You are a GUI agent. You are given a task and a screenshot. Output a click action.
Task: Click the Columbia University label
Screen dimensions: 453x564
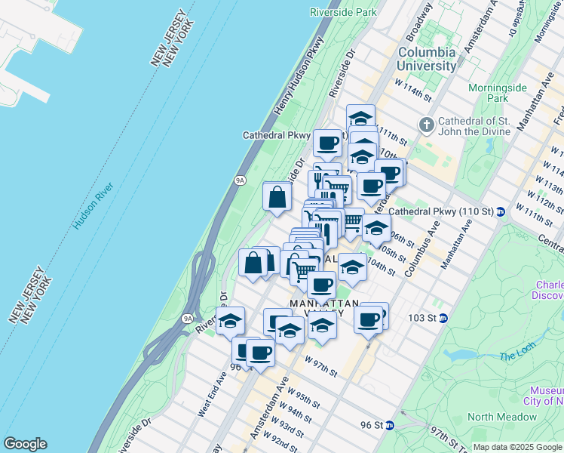point(427,59)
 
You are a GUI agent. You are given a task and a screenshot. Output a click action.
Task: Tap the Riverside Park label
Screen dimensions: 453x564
point(343,12)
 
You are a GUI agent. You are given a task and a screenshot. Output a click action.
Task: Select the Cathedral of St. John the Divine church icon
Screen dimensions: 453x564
point(426,124)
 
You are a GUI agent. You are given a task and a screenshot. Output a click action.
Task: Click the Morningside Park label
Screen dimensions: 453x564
point(497,93)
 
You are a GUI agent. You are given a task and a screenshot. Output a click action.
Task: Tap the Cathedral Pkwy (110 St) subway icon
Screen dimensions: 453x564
point(501,211)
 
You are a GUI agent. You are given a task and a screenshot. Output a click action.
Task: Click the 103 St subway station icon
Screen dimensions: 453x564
point(445,318)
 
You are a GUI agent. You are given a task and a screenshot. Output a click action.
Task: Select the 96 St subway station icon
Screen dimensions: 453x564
point(389,425)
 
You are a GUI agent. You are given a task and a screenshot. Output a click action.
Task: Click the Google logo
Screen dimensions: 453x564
point(25,444)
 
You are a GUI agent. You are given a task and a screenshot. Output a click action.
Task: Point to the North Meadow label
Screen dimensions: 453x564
point(502,417)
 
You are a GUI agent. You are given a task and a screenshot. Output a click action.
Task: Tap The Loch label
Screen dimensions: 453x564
point(516,355)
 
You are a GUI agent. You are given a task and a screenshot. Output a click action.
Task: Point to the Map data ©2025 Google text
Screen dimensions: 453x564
point(517,447)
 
